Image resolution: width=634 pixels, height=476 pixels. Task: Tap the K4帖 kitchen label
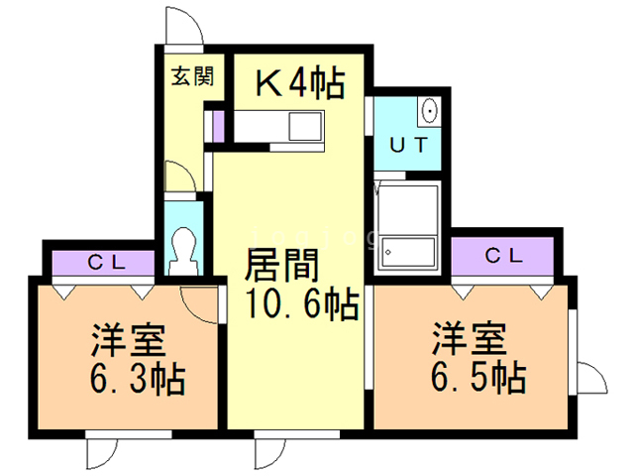[x=301, y=84]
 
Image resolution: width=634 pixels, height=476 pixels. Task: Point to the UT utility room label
[x=408, y=144]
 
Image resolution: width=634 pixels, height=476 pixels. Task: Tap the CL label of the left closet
[x=104, y=263]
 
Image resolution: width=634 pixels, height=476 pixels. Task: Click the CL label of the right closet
[x=504, y=255]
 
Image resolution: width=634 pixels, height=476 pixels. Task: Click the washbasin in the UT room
[x=429, y=108]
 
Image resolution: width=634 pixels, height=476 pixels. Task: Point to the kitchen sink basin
[x=302, y=126]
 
